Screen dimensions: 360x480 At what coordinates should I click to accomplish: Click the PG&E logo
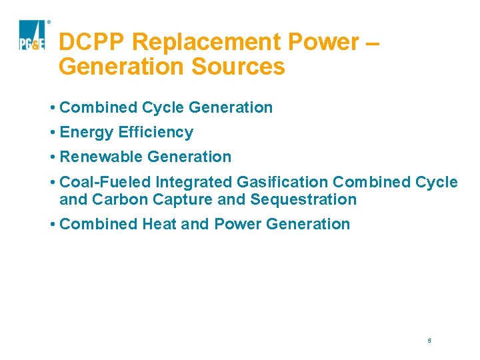[x=32, y=35]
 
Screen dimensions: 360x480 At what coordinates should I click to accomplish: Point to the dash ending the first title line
[x=373, y=42]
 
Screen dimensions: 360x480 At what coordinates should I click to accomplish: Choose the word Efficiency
[x=156, y=132]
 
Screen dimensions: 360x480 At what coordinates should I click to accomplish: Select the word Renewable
[x=101, y=157]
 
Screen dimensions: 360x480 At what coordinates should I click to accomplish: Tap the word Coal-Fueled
[x=105, y=182]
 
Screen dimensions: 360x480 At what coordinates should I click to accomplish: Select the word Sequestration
[x=303, y=199]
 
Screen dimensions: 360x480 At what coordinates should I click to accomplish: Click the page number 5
[x=430, y=341]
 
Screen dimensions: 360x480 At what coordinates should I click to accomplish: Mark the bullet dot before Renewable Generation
[x=52, y=157]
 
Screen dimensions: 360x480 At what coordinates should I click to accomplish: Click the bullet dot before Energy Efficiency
[x=52, y=133]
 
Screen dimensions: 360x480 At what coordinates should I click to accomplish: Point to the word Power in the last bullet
[x=237, y=224]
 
